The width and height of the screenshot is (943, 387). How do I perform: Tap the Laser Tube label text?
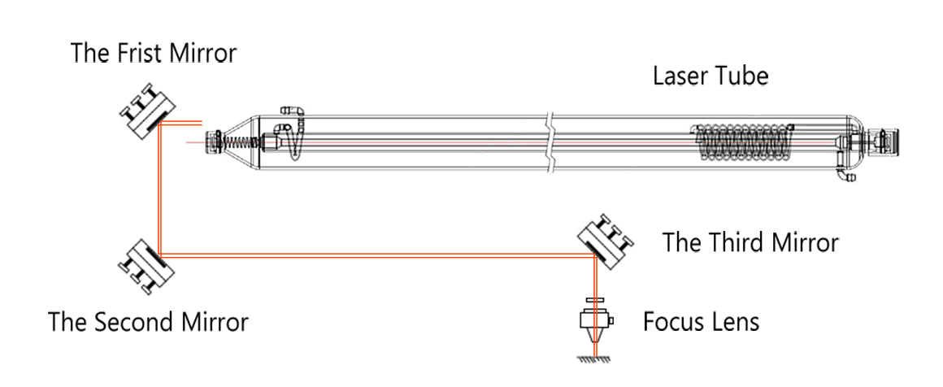pyautogui.click(x=711, y=76)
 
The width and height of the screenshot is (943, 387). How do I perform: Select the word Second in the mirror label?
pyautogui.click(x=137, y=322)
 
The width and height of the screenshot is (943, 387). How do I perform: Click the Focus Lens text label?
pyautogui.click(x=701, y=321)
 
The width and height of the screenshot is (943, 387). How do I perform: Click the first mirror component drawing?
pyautogui.click(x=148, y=112)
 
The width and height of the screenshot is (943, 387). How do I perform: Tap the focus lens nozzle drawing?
pyautogui.click(x=595, y=323)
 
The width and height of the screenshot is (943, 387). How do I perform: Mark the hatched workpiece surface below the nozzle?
pyautogui.click(x=595, y=359)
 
